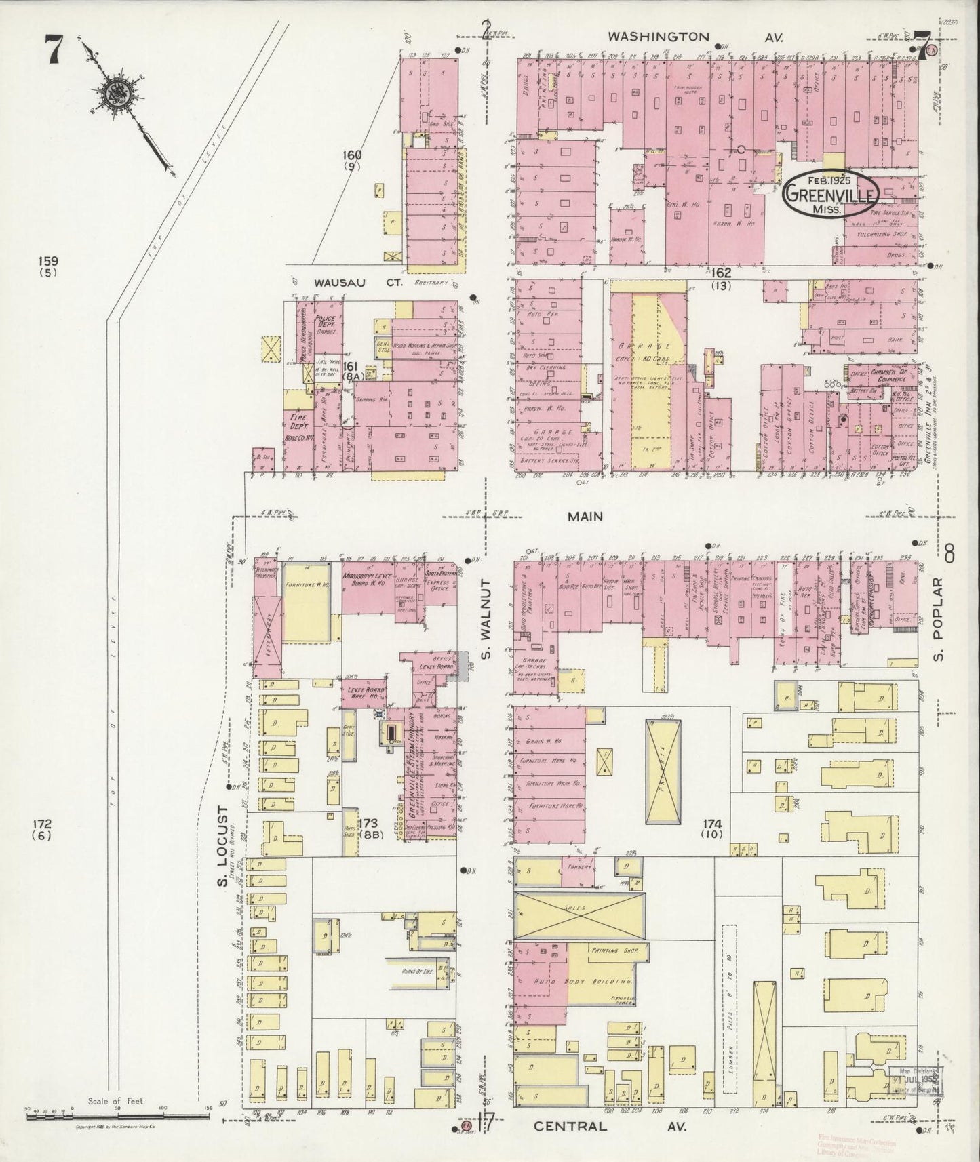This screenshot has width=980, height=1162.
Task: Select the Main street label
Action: tap(585, 517)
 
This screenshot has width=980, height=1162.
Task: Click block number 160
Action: tap(353, 155)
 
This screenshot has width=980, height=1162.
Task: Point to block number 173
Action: tap(370, 824)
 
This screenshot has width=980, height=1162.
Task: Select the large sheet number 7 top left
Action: tap(55, 52)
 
